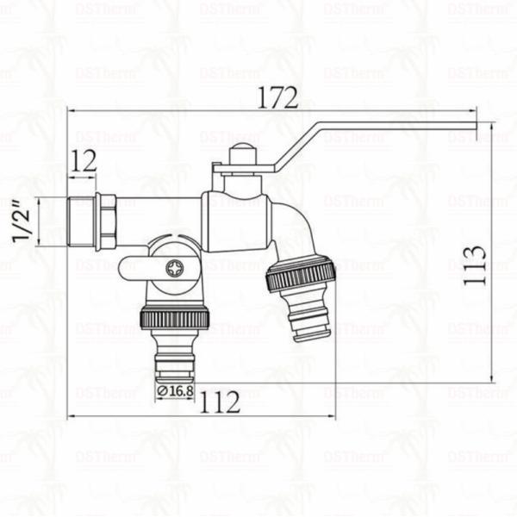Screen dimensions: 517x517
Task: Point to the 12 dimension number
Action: (84, 160)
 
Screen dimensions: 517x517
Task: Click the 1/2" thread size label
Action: (25, 221)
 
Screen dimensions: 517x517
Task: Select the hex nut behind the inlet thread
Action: (107, 221)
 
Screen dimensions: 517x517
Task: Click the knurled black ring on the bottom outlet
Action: (175, 317)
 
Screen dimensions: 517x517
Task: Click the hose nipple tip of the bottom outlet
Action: (175, 366)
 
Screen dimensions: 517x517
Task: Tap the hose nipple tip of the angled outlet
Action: (310, 327)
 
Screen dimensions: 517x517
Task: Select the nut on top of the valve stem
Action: (244, 156)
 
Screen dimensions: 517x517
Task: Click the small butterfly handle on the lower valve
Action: (138, 268)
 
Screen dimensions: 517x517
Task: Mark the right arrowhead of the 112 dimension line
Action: (334, 417)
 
